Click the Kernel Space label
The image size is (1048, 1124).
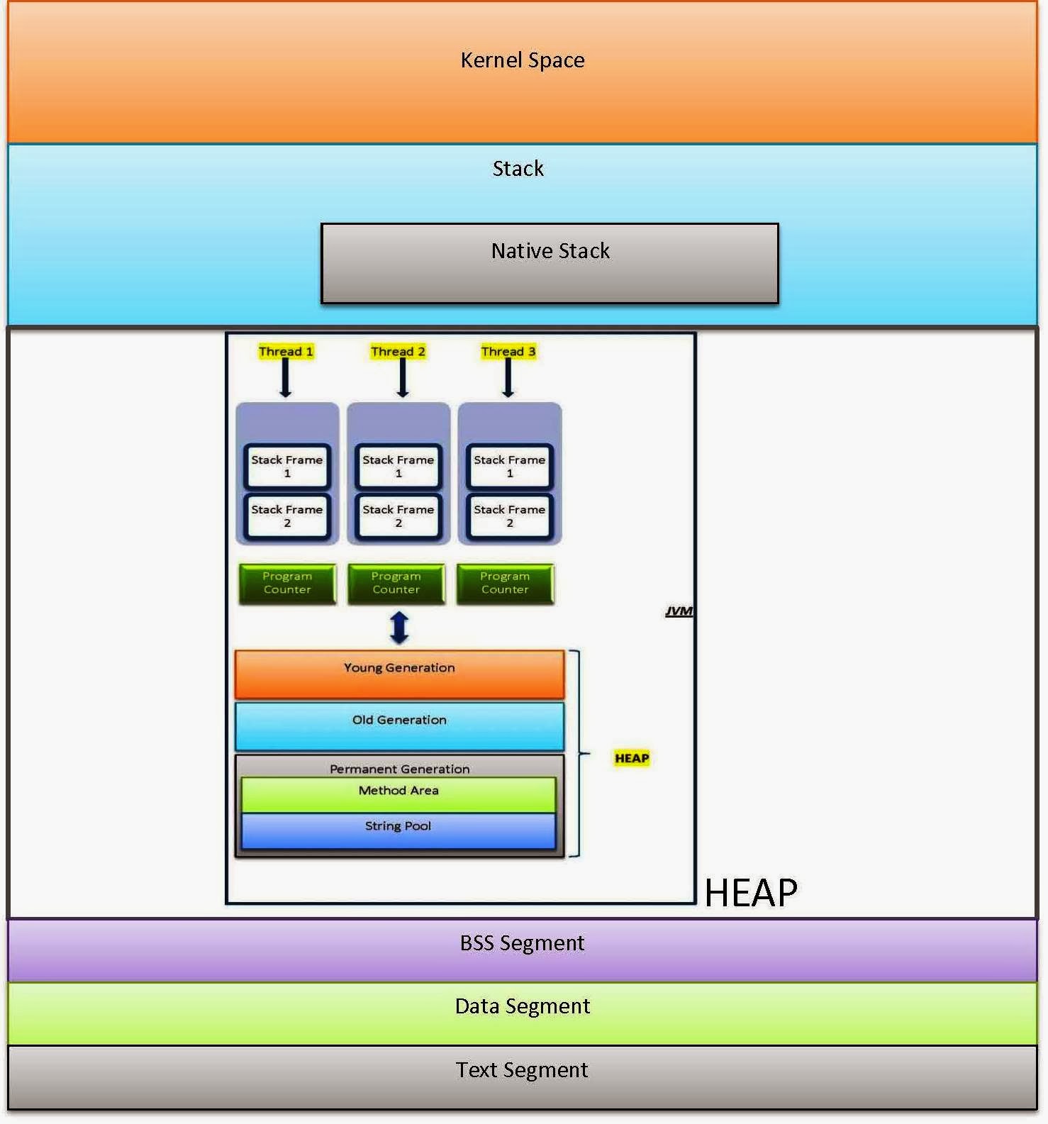(523, 60)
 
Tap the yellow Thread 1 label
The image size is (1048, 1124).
(286, 352)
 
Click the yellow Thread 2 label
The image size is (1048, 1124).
(398, 352)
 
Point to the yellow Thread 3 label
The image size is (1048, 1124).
(508, 352)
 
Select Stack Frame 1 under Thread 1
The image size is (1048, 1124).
(287, 466)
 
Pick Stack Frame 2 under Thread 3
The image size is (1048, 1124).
(510, 516)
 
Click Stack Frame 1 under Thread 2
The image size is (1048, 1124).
(398, 466)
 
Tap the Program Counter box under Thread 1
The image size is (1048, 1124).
(287, 584)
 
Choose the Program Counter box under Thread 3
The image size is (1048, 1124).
(505, 584)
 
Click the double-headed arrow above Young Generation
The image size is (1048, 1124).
(399, 628)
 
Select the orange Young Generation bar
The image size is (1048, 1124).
(399, 674)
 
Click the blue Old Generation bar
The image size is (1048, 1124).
(399, 726)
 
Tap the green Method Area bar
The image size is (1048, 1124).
(398, 794)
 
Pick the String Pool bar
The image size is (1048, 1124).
(398, 830)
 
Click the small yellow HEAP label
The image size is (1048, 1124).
(632, 758)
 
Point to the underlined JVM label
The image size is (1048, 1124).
(679, 611)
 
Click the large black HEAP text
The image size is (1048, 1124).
(751, 892)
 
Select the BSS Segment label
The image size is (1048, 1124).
(523, 944)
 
